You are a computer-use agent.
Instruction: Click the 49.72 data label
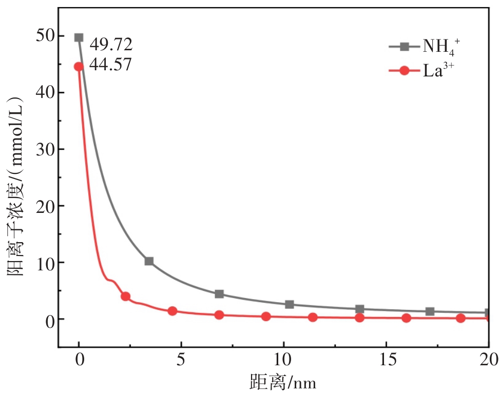111,45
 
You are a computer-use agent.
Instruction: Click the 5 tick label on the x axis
181,359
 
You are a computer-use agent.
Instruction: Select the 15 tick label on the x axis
386,359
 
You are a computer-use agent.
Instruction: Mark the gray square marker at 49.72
79,37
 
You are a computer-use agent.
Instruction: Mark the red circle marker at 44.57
79,67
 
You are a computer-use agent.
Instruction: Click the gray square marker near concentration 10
149,261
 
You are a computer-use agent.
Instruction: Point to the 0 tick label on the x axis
79,359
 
